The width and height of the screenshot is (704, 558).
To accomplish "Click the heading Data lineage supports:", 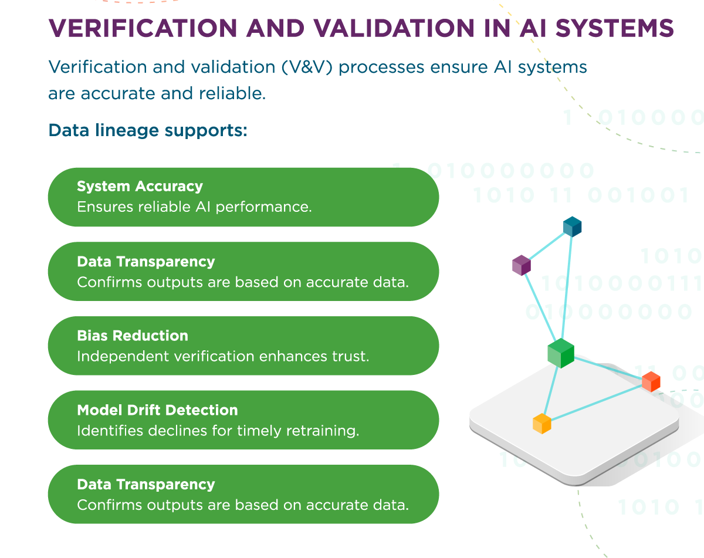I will [x=148, y=130].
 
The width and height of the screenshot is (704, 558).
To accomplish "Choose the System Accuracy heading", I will [x=140, y=187].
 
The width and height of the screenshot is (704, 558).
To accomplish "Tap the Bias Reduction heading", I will [x=133, y=336].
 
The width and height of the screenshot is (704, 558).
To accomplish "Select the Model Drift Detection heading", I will [x=157, y=410].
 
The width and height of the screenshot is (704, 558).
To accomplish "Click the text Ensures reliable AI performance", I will [x=194, y=207].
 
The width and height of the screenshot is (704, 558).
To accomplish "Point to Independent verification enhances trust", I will [x=223, y=356].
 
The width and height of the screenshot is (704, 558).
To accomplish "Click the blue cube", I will [x=572, y=226].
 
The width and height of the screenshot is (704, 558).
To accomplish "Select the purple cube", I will [x=522, y=265].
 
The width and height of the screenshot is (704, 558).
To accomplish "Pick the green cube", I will [x=561, y=353].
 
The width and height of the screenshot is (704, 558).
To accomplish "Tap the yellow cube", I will [x=541, y=424].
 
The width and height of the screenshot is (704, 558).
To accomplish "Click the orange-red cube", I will [x=651, y=381].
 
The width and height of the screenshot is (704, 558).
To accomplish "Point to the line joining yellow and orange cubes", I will [x=596, y=403].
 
